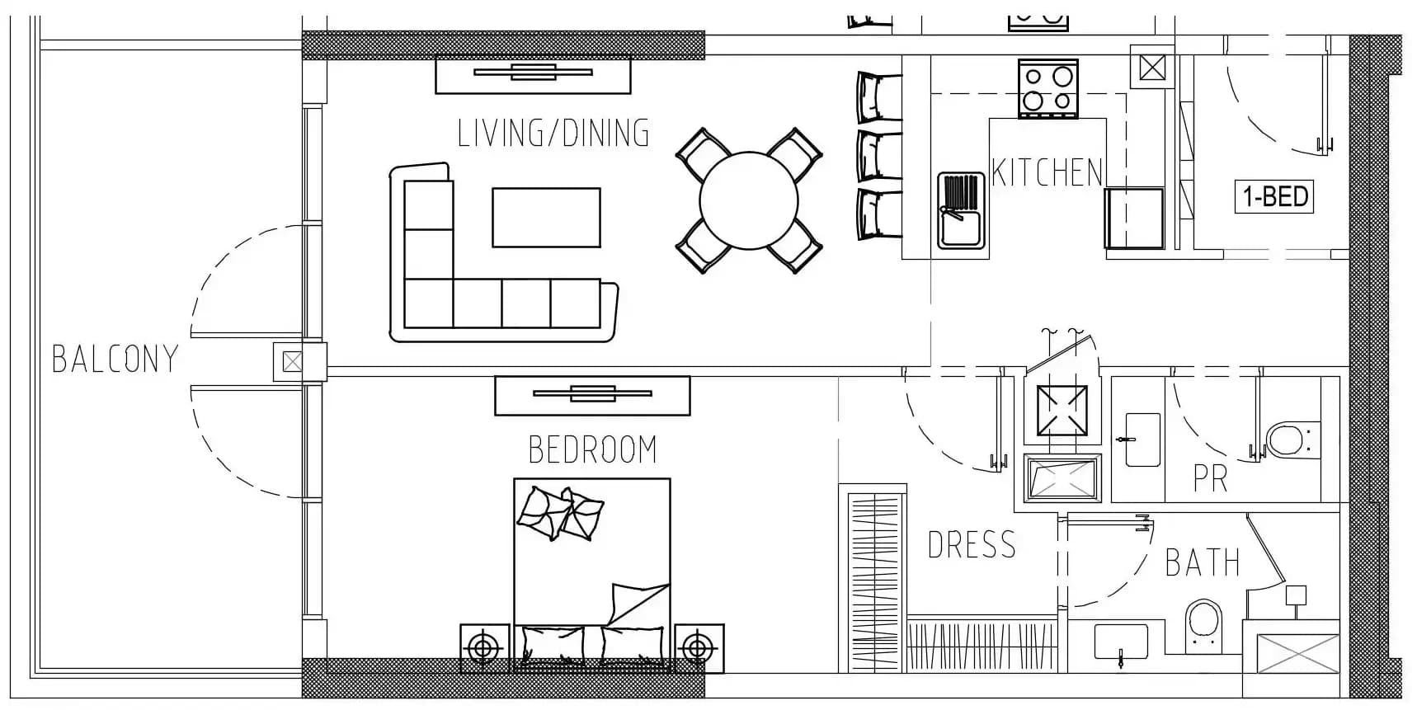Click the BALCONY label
[115, 359]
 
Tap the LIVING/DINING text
[553, 134]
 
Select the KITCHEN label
[1047, 173]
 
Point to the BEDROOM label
[592, 450]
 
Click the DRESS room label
[972, 545]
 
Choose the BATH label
[1203, 563]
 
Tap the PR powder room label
[1210, 478]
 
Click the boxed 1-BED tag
[1273, 197]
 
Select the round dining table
[749, 200]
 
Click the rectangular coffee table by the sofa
[546, 218]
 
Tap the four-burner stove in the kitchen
[1048, 88]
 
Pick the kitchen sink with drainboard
[961, 210]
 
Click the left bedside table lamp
[484, 648]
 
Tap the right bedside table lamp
[699, 648]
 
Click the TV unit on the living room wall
[533, 73]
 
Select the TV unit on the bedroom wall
[592, 395]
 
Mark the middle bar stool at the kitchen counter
[879, 155]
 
